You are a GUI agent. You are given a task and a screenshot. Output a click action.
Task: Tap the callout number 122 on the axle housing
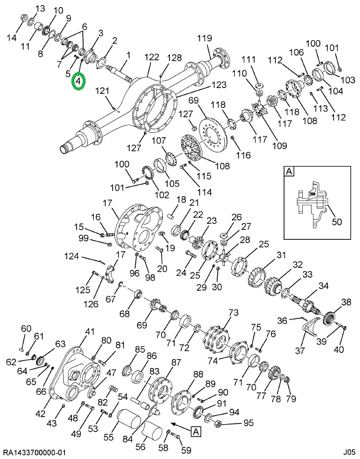152,57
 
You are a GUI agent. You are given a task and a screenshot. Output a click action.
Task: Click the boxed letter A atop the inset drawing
289,172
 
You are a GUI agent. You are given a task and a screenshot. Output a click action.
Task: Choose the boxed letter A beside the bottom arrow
195,432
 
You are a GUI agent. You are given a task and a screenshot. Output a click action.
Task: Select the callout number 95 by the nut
248,422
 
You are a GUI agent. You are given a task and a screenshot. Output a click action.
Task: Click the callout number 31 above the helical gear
281,255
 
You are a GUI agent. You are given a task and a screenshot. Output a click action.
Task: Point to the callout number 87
176,362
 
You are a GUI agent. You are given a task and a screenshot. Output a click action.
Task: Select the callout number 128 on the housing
174,57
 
